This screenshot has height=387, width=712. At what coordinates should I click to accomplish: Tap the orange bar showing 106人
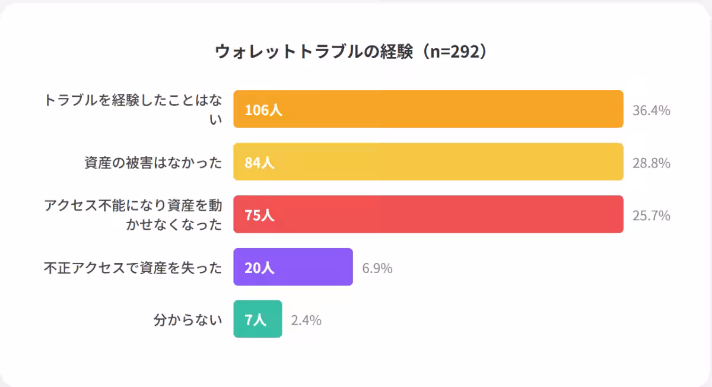[x=428, y=109]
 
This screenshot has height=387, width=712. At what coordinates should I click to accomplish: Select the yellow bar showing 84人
[x=428, y=162]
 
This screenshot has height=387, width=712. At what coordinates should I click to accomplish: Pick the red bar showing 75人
[x=428, y=214]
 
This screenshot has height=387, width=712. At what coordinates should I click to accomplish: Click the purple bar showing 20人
[x=293, y=267]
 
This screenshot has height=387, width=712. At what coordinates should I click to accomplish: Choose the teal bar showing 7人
[x=258, y=319]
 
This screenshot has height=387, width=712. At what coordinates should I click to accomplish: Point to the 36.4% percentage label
[x=651, y=110]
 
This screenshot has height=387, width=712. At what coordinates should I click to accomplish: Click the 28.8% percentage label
[x=651, y=163]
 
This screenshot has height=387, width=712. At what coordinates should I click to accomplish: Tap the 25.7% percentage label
[x=651, y=215]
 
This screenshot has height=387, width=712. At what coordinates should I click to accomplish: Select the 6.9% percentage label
[x=377, y=268]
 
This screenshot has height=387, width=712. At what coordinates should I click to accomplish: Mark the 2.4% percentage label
[x=306, y=321]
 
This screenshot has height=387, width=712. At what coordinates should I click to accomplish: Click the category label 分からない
[x=187, y=321]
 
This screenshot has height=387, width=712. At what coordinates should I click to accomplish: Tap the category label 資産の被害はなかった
[x=153, y=163]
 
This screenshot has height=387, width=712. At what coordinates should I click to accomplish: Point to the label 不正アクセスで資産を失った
[x=133, y=268]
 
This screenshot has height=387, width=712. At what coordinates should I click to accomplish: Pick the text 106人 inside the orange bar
[x=263, y=110]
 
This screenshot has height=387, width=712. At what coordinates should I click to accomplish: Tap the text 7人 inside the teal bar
[x=256, y=320]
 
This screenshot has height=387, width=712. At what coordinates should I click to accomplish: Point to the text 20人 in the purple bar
[x=259, y=268]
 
